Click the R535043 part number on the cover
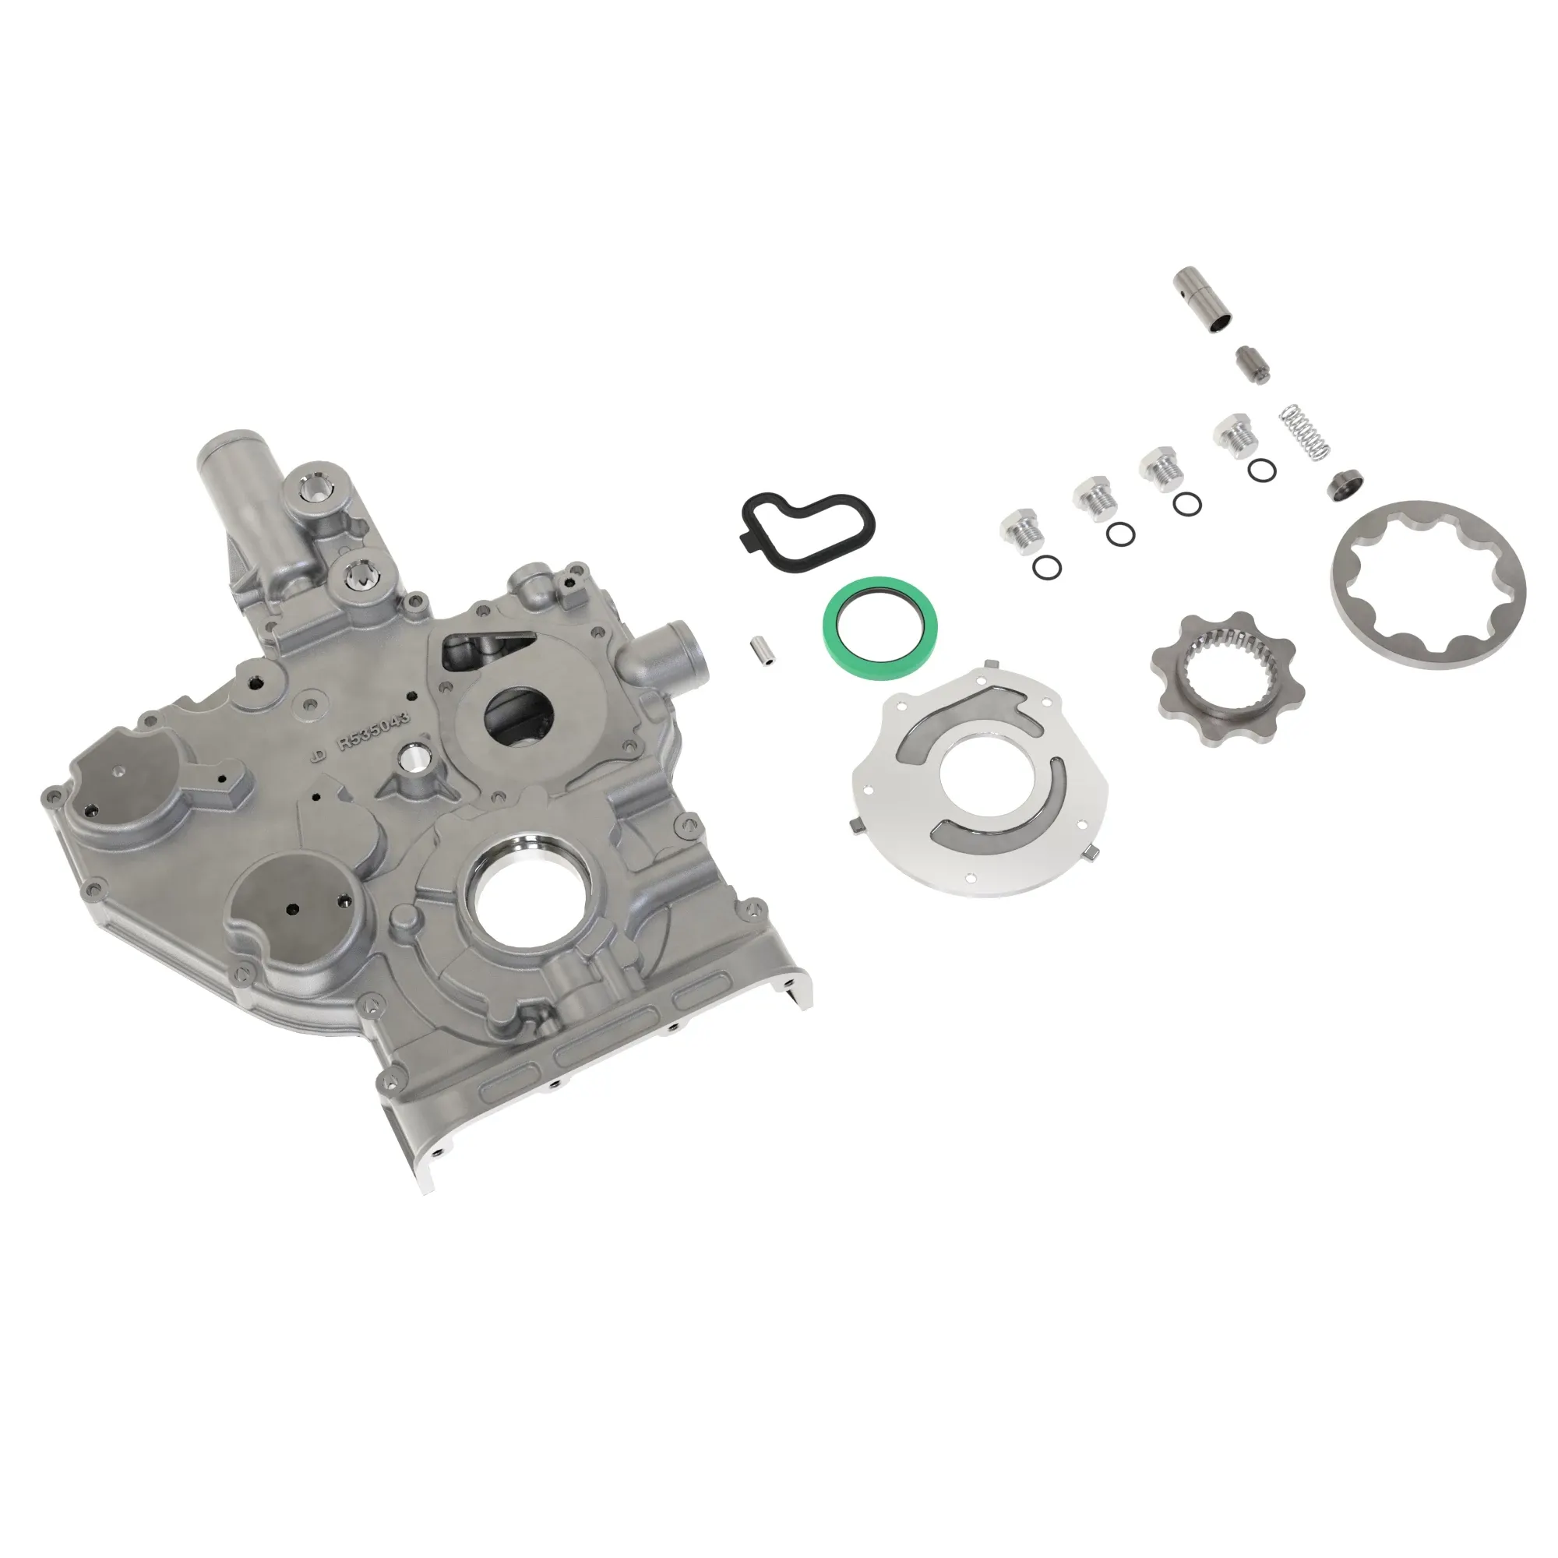[x=375, y=731]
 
